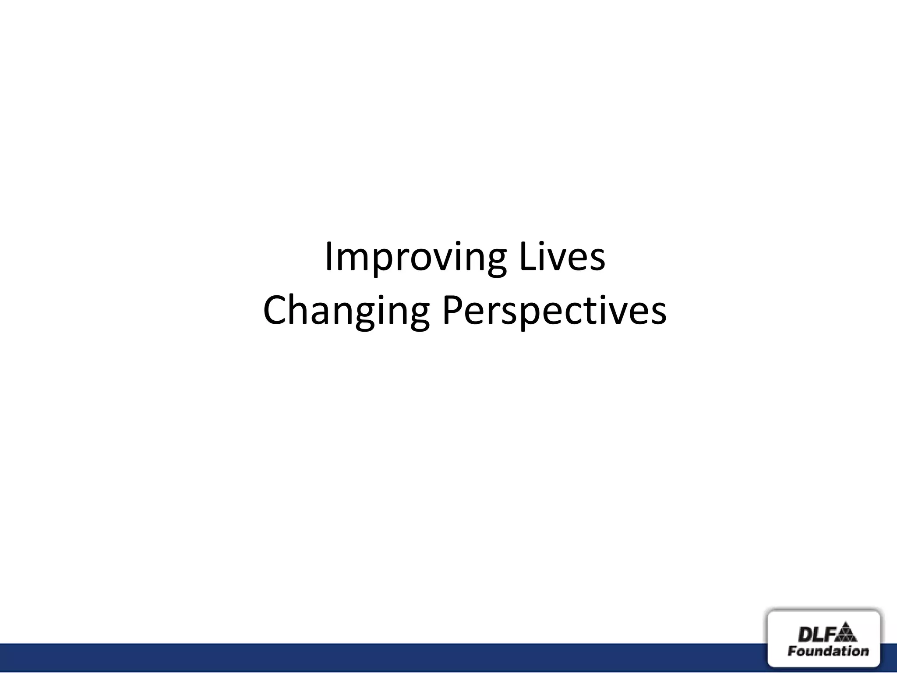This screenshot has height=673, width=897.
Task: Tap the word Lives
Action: pyautogui.click(x=562, y=257)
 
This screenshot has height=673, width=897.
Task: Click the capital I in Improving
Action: pyautogui.click(x=328, y=257)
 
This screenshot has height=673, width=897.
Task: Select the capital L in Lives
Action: pyautogui.click(x=525, y=257)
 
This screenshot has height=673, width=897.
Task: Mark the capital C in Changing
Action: pyautogui.click(x=276, y=311)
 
